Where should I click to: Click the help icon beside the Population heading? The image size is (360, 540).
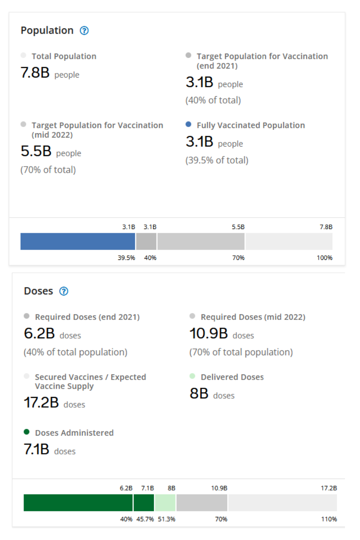pos(85,30)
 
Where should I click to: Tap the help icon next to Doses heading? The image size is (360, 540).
pos(64,291)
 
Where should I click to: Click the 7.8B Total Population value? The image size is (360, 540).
pos(35,73)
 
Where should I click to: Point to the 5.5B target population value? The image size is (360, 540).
pos(36,151)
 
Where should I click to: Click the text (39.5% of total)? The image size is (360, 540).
pos(217,160)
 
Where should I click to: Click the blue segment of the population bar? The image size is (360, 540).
pos(78,242)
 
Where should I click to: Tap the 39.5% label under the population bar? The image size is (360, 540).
pos(126,258)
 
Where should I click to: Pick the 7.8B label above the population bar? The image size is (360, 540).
pos(325,227)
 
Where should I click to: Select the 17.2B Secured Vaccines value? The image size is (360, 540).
pos(41,403)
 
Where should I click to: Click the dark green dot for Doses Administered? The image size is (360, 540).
pos(27,432)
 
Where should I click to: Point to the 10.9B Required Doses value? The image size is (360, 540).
pos(208,334)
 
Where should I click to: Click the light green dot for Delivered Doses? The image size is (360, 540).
pos(193,376)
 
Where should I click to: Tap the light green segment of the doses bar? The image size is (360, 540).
pos(165,503)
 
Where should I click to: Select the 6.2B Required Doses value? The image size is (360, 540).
pos(39,334)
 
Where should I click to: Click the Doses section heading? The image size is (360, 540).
pos(39,291)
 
